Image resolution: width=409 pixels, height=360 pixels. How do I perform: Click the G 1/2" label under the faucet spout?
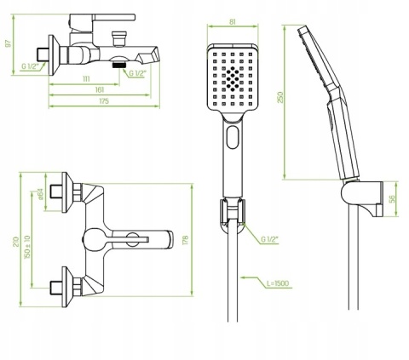pyautogui.click(x=137, y=74)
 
